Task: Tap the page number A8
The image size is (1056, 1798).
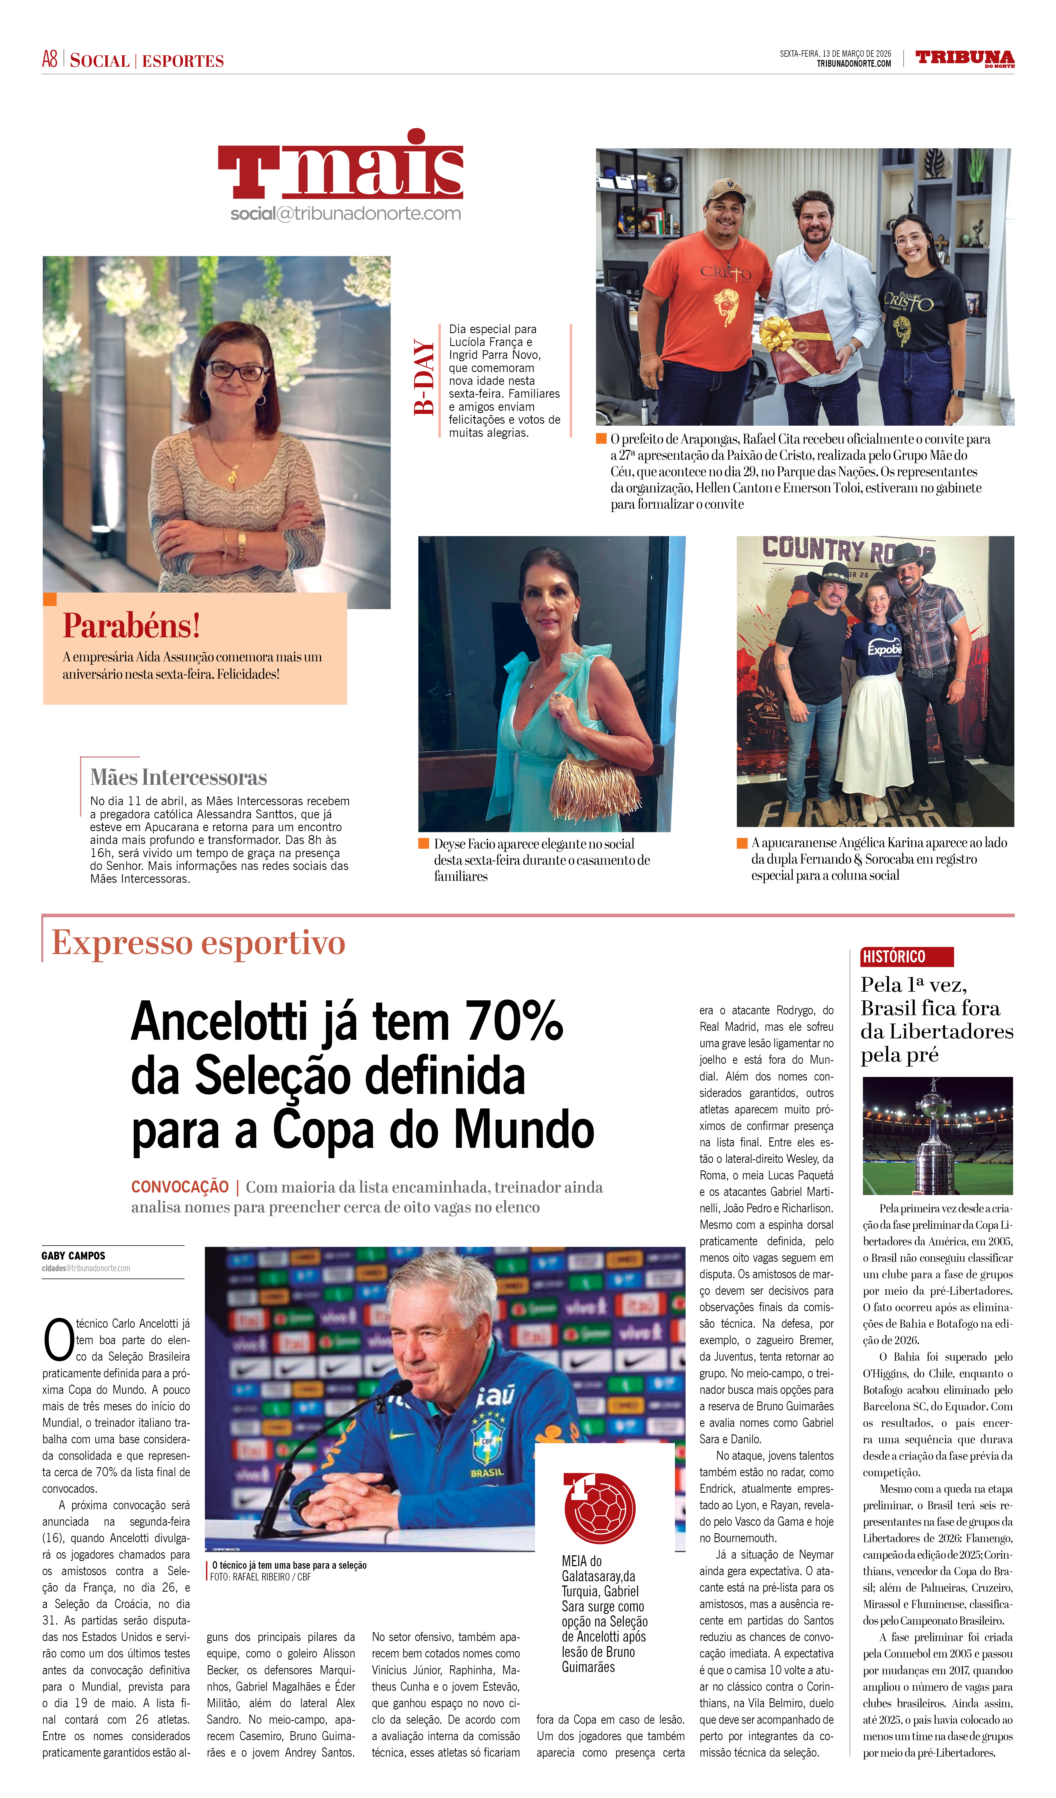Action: click(49, 59)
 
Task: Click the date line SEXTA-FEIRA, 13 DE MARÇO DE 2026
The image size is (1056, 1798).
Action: click(835, 54)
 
